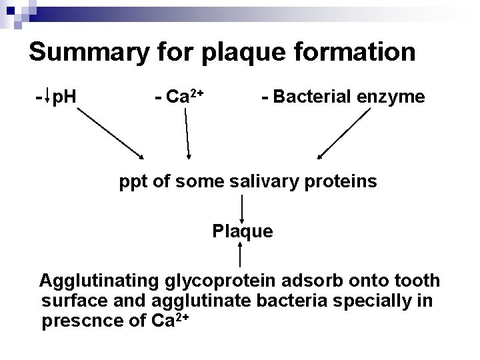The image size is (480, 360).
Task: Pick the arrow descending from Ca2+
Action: click(187, 133)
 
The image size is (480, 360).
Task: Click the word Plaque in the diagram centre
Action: click(242, 231)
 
